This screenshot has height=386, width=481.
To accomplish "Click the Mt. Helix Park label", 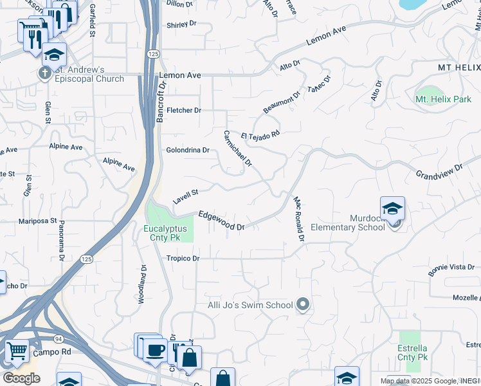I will click(x=443, y=99).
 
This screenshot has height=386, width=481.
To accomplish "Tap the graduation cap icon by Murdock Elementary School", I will click(x=392, y=208).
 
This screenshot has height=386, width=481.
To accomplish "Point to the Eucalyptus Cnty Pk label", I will click(x=165, y=233).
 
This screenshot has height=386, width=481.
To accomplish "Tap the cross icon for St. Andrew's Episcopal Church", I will click(x=44, y=72).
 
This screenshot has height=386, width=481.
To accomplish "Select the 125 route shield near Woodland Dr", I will click(x=87, y=259).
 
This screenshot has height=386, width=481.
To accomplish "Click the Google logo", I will click(x=22, y=378).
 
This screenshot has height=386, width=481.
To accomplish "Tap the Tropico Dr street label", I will click(x=183, y=259).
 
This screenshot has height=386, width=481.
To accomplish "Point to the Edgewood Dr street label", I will click(x=222, y=221).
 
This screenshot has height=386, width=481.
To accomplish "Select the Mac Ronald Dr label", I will click(x=298, y=219).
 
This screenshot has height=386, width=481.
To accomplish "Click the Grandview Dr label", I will click(x=439, y=171).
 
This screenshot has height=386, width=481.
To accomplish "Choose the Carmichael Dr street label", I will click(x=237, y=149).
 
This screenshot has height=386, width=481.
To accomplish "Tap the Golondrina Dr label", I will click(x=188, y=150).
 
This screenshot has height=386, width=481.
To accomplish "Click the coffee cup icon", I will click(x=154, y=351).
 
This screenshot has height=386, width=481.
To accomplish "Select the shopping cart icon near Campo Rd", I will click(x=16, y=351).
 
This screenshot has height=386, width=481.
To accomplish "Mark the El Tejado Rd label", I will click(x=260, y=135).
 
